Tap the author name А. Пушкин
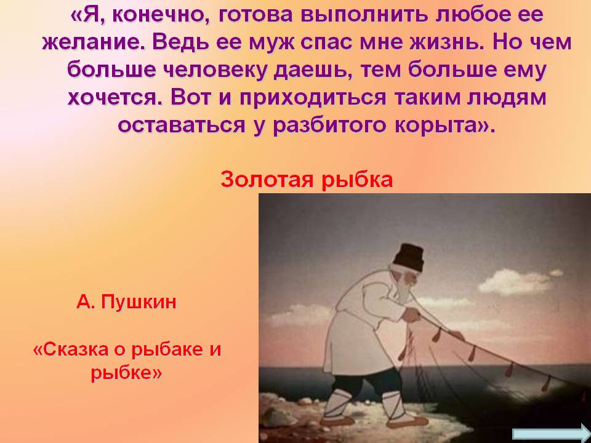click(x=126, y=301)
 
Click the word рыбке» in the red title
click(x=126, y=373)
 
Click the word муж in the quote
click(x=271, y=42)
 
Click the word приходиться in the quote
click(x=313, y=98)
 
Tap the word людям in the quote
click(x=507, y=98)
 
